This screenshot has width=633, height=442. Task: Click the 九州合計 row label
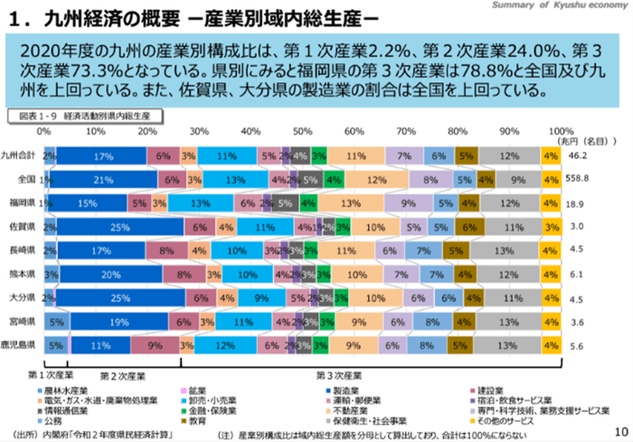pyautogui.click(x=19, y=155)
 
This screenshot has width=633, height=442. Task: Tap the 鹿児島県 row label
pyautogui.click(x=19, y=344)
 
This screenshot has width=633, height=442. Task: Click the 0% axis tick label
pyautogui.click(x=43, y=131)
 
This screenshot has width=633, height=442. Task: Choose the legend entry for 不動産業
pyautogui.click(x=346, y=409)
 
